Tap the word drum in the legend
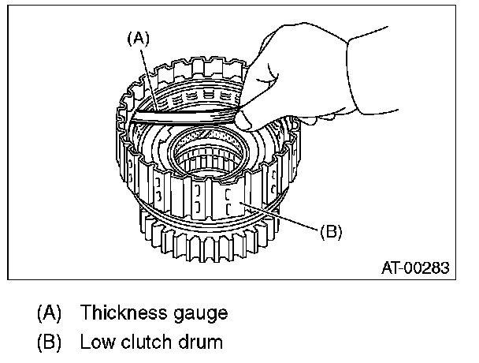click(x=200, y=343)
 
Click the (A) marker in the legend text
click(x=50, y=313)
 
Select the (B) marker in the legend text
click(x=50, y=343)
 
